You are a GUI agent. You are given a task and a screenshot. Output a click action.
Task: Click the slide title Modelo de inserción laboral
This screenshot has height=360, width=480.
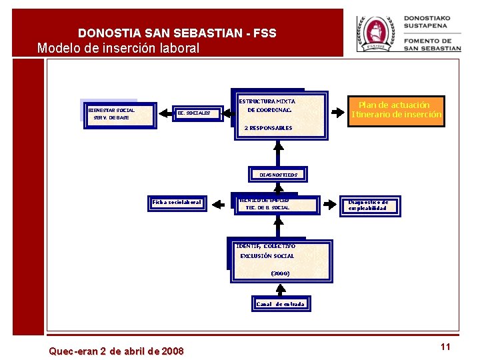[x=118, y=48]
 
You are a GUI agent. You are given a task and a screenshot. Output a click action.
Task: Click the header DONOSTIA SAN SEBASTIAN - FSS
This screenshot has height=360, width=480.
[x=177, y=33]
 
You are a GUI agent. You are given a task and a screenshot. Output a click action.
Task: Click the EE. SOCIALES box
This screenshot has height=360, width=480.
[x=194, y=113]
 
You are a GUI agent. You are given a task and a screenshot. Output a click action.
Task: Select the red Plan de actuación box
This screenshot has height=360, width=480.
[x=396, y=109]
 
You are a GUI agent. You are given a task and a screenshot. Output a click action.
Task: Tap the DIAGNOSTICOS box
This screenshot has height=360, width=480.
[x=278, y=175]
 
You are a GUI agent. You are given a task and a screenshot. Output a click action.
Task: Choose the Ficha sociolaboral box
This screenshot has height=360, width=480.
[x=177, y=202]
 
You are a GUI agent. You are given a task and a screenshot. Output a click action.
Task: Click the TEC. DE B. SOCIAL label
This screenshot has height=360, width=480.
[x=268, y=208]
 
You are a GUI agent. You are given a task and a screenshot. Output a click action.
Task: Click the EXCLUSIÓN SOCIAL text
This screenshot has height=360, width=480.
[x=267, y=256]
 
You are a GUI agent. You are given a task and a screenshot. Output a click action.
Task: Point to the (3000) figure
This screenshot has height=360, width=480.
[x=280, y=273]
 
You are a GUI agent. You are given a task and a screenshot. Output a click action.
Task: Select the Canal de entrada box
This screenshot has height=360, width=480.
[x=280, y=304]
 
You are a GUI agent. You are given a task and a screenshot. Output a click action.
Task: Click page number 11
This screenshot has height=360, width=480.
[x=446, y=347]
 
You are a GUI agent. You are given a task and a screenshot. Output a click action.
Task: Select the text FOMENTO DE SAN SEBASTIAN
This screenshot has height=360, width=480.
[x=432, y=45]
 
